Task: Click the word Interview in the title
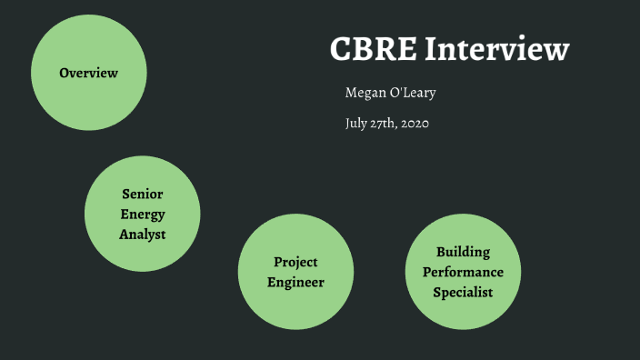tap(497, 50)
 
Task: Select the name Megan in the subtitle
tap(365, 94)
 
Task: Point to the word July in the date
tap(355, 124)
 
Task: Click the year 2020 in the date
tap(411, 124)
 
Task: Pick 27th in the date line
tap(381, 124)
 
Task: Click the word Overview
tap(88, 73)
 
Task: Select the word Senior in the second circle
tap(143, 195)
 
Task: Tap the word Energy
tap(143, 215)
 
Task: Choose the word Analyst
tap(143, 235)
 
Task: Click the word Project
tap(295, 263)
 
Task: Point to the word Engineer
tap(295, 283)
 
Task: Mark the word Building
tap(463, 252)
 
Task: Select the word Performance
tap(463, 272)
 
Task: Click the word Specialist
tap(463, 292)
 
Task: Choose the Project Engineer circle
tap(295, 305)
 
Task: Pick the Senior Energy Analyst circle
tap(143, 255)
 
